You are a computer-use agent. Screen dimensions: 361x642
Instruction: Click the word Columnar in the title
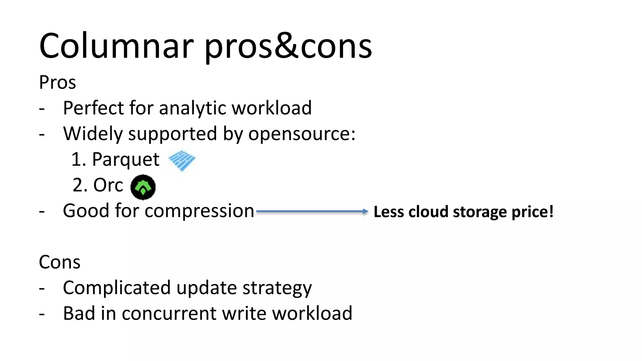pos(116,46)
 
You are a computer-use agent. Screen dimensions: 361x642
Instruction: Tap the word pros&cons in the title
pos(288,47)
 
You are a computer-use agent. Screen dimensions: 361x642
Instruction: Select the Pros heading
pos(57,83)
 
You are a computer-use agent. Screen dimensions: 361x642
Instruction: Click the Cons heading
pos(60,262)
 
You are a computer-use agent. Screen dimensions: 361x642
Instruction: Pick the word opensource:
pos(302,134)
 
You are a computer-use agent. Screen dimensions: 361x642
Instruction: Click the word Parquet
pos(125,160)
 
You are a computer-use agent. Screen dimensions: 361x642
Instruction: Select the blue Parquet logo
pos(182,160)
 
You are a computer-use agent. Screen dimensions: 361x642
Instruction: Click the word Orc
pos(108,185)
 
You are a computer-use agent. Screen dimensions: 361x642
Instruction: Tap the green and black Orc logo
pos(143,187)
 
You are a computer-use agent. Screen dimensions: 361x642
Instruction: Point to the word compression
pos(199,211)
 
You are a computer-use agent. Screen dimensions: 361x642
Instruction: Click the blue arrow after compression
pos(312,212)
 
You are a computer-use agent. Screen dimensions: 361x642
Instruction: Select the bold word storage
pos(481,212)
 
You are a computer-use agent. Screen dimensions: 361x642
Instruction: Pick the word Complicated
pos(116,288)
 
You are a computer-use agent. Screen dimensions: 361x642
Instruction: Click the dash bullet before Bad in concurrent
pos(42,314)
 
